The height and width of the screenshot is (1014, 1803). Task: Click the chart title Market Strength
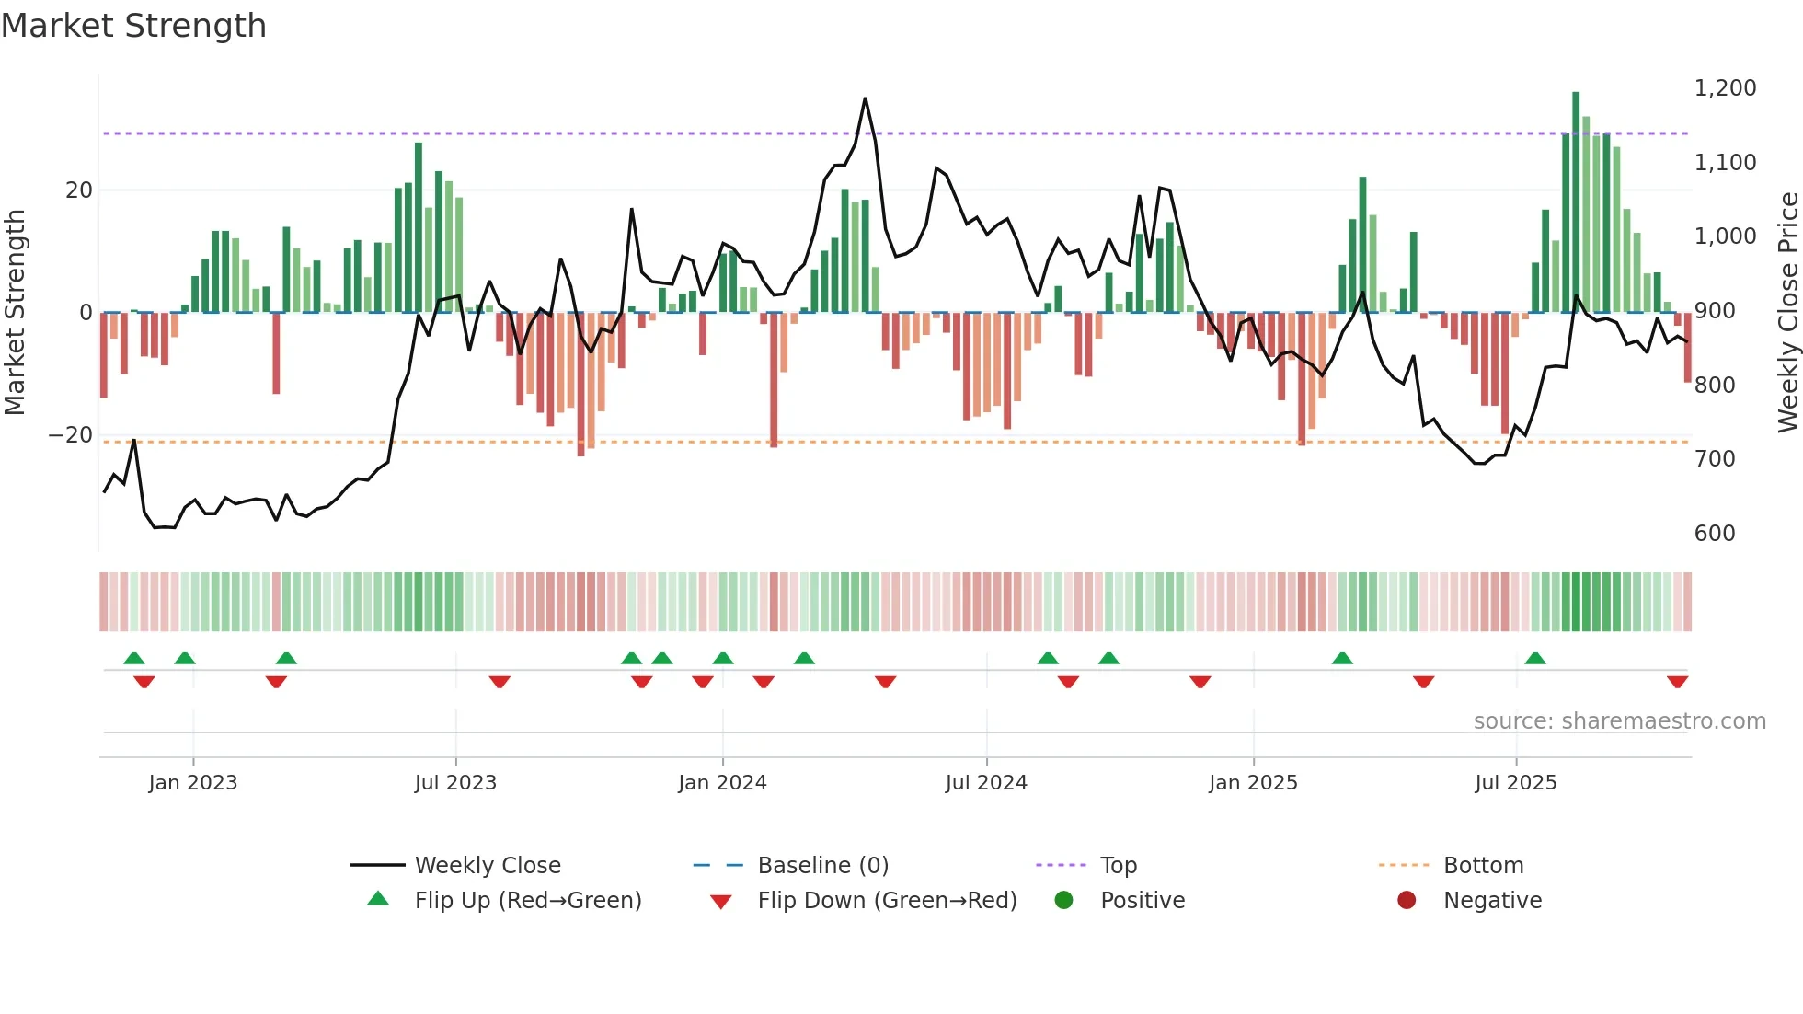pos(134,26)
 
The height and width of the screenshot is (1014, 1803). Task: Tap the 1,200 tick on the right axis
pos(1725,88)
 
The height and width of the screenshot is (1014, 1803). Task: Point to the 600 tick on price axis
pos(1715,534)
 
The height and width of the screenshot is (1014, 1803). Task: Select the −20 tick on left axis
pos(71,435)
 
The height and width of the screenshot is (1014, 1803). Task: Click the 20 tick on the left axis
pos(79,190)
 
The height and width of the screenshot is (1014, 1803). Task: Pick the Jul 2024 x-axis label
pos(986,783)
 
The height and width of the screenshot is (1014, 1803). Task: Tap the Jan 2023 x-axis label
pos(193,783)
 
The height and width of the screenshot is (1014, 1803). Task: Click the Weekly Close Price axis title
pos(1787,313)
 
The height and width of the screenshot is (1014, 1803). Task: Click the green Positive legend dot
pos(1064,901)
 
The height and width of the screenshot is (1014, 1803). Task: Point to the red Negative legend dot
pos(1407,901)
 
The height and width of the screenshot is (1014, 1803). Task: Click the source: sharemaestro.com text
pos(1619,721)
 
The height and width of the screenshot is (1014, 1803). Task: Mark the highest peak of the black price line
pos(865,98)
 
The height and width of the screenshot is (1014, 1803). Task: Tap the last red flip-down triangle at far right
pos(1677,682)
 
